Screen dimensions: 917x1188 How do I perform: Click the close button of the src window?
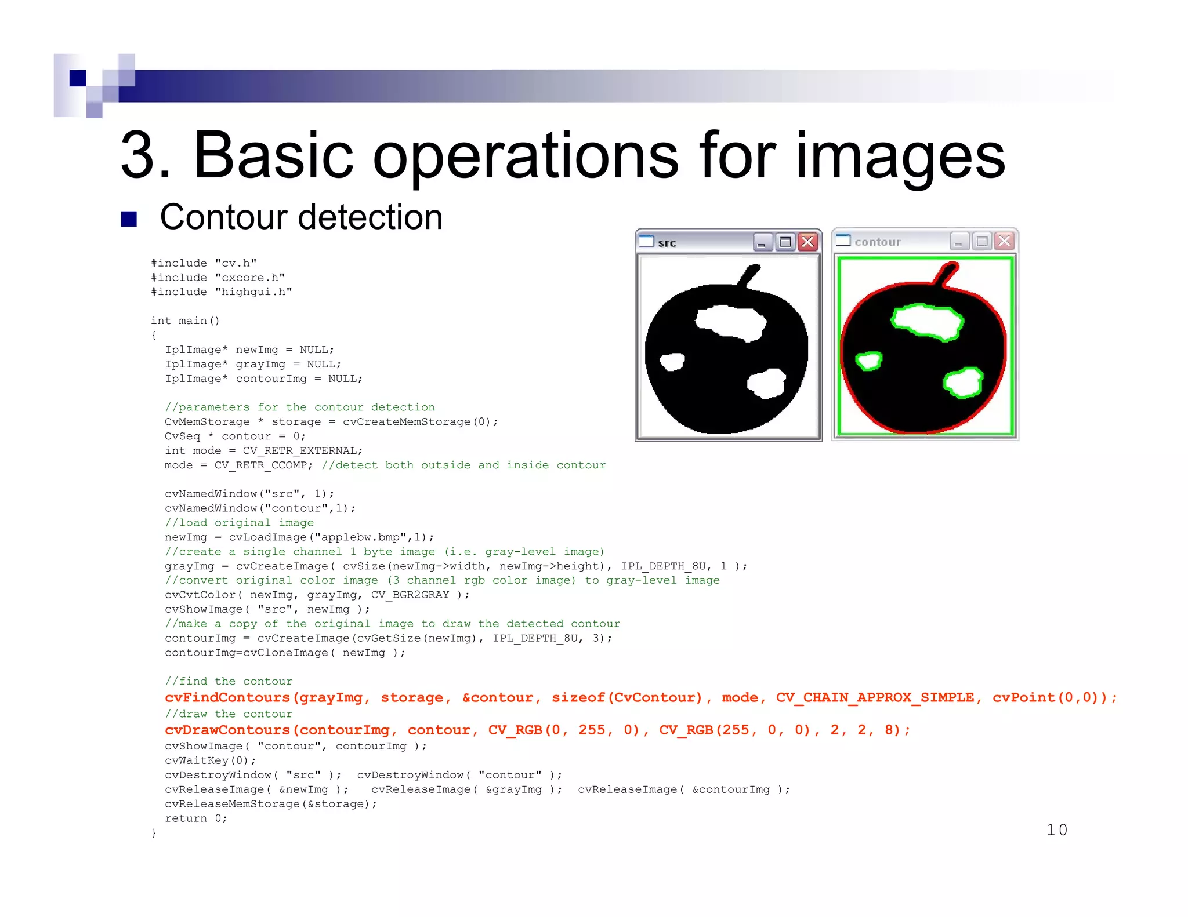[x=807, y=242]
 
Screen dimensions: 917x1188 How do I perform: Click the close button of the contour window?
[x=1004, y=241]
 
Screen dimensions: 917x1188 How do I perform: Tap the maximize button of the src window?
[x=785, y=242]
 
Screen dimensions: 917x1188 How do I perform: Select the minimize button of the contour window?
[x=959, y=241]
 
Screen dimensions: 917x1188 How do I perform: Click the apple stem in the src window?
[x=749, y=275]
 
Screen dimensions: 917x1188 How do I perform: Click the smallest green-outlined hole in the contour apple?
[x=869, y=361]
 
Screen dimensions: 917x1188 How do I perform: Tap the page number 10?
[x=1056, y=830]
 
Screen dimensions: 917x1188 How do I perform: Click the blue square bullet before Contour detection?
[x=129, y=219]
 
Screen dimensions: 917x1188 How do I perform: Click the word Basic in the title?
[x=273, y=155]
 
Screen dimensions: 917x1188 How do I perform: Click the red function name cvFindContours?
[x=227, y=697]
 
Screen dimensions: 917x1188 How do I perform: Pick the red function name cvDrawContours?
[x=227, y=730]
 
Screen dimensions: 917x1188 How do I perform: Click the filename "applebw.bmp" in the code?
[x=361, y=537]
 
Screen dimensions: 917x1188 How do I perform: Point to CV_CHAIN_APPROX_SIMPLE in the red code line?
[x=875, y=697]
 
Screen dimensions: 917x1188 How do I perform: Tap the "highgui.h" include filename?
[x=253, y=292]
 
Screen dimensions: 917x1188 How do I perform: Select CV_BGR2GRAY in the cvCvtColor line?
[x=410, y=595]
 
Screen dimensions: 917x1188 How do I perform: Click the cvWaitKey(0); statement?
[x=210, y=760]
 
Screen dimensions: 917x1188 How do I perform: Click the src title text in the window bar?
[x=667, y=243]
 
